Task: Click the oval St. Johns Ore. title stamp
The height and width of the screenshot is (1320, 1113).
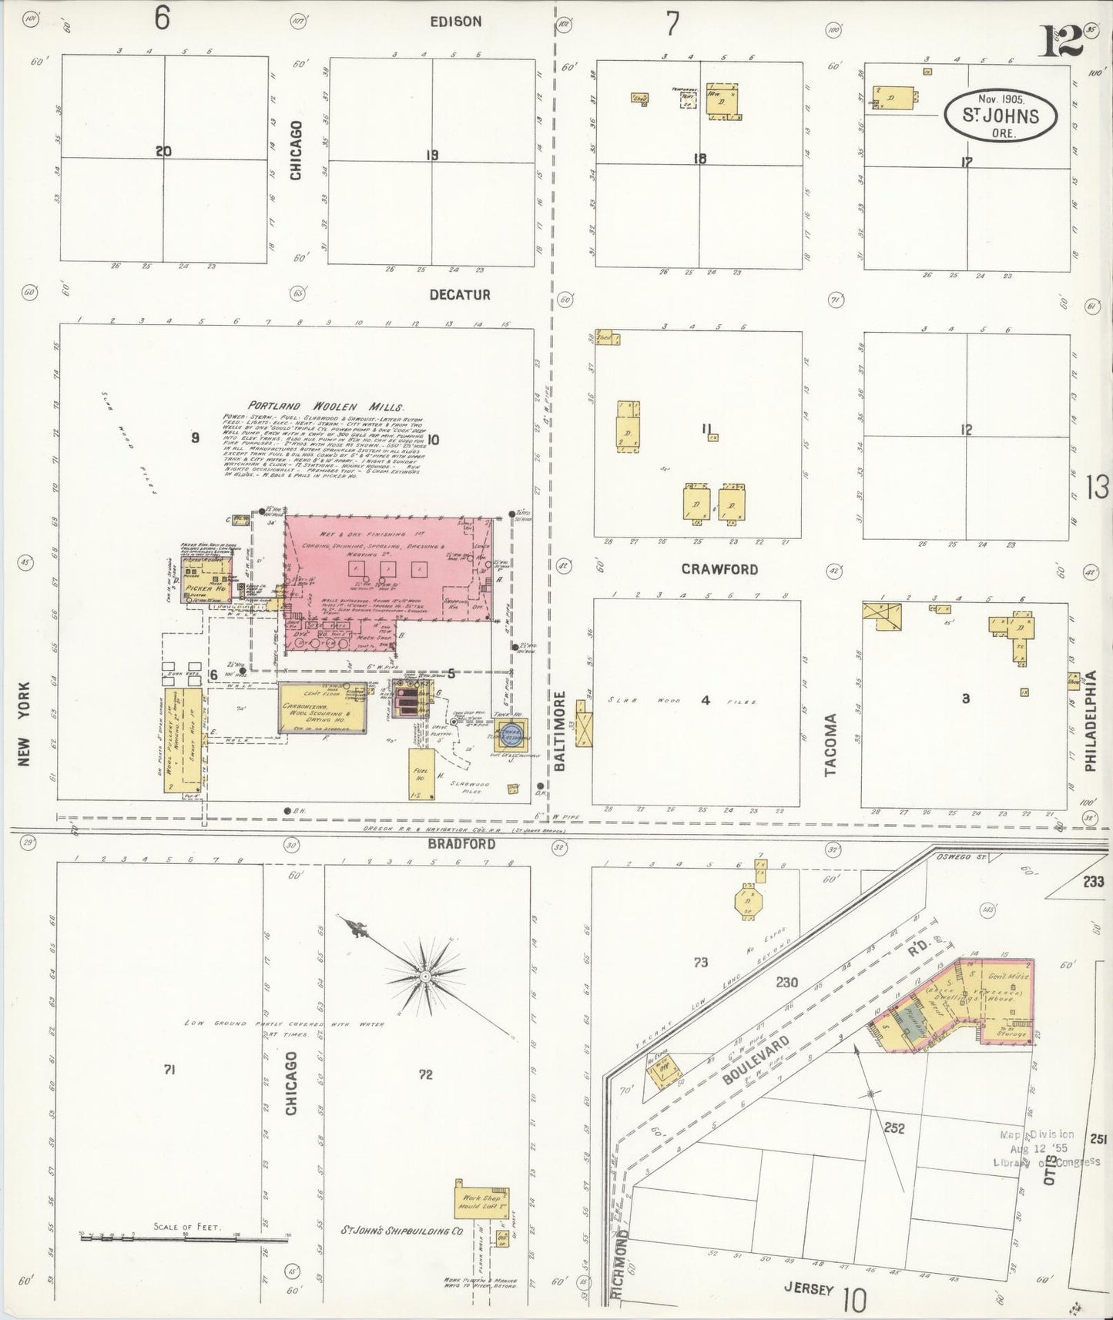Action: pyautogui.click(x=1001, y=116)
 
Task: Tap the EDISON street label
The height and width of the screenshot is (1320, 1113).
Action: pyautogui.click(x=456, y=22)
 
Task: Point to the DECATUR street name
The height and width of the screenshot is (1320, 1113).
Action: pyautogui.click(x=460, y=295)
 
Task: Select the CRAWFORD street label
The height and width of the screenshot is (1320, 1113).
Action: pyautogui.click(x=719, y=570)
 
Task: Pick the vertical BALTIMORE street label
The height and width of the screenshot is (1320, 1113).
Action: pyautogui.click(x=560, y=730)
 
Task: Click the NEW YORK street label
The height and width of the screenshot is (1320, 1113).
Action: pyautogui.click(x=24, y=724)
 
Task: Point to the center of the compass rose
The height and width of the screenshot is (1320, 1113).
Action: pyautogui.click(x=424, y=977)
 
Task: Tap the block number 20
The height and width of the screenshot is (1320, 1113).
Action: pyautogui.click(x=163, y=152)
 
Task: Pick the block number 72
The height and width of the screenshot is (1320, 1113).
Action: pyautogui.click(x=425, y=1075)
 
